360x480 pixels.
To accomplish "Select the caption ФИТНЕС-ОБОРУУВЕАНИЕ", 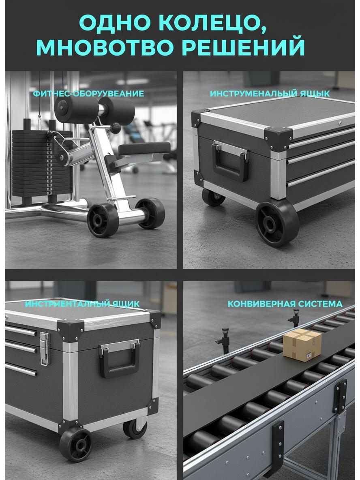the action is click(x=88, y=93).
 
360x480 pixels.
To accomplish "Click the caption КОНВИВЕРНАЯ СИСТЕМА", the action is click(x=285, y=304).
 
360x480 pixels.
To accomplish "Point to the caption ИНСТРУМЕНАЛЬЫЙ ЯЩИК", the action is click(x=270, y=94).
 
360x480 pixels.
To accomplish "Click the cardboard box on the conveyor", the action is click(x=302, y=345).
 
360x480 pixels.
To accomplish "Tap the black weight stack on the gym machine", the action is click(x=41, y=164).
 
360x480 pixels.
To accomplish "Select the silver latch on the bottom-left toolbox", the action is click(x=45, y=349).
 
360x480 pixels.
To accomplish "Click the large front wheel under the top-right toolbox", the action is click(x=277, y=223).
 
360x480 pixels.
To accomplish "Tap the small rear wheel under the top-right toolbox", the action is click(x=213, y=197).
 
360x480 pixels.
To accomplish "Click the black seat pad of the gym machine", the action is click(x=144, y=148).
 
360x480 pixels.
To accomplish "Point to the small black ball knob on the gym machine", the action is click(x=116, y=128).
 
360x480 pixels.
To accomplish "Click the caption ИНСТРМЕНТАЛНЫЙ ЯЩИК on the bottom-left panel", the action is click(x=82, y=304).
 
